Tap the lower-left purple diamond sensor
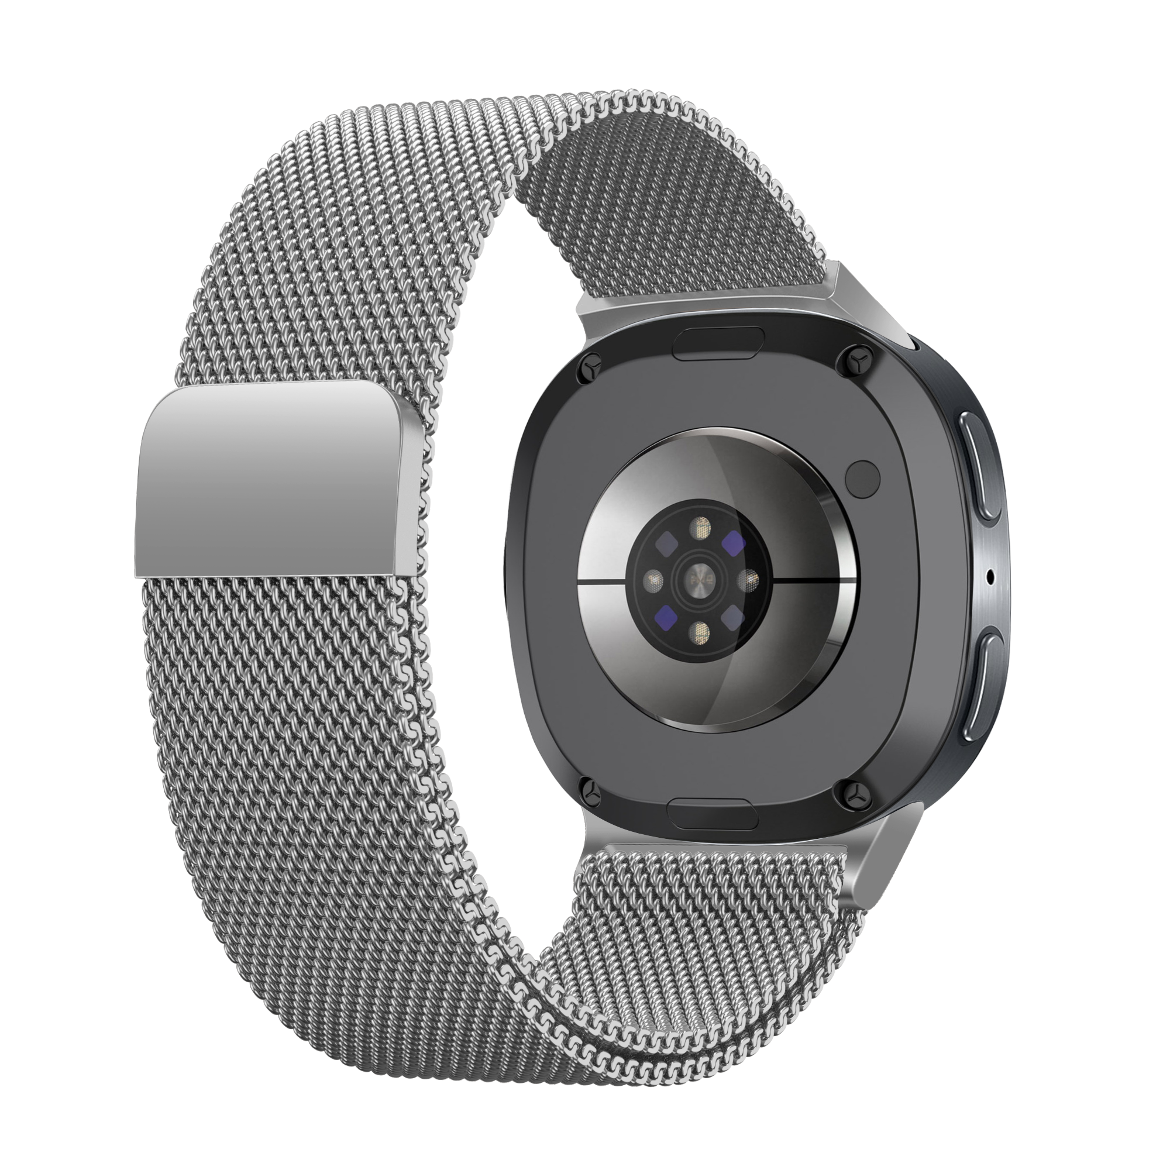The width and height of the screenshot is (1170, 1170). [x=667, y=617]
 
